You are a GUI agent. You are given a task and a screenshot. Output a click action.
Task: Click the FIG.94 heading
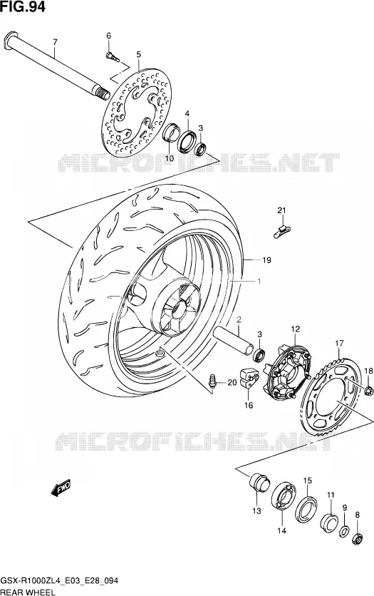click(23, 6)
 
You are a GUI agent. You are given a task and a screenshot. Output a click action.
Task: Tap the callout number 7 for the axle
click(55, 42)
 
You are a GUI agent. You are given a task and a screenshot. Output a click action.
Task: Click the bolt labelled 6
click(112, 57)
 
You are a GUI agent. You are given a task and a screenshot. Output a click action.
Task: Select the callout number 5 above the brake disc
click(139, 55)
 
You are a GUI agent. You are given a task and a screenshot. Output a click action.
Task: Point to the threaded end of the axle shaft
click(103, 93)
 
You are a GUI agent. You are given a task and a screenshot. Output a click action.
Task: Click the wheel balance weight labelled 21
click(282, 231)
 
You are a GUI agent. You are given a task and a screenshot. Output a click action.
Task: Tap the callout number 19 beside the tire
click(266, 260)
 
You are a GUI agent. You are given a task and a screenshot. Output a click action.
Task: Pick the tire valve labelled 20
click(212, 381)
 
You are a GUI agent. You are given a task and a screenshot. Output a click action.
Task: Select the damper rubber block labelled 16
click(248, 377)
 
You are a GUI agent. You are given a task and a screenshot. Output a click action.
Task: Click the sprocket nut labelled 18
click(368, 389)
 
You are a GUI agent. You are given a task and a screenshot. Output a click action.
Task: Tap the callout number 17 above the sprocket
click(339, 344)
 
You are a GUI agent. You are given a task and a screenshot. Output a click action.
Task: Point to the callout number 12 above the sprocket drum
click(296, 329)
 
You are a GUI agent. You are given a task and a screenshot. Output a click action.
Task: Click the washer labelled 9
click(344, 531)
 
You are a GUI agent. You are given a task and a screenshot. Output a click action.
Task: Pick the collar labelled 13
click(259, 482)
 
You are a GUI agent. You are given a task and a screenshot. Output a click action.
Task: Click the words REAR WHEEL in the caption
click(28, 592)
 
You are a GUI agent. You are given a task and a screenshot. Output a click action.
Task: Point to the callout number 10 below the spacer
click(170, 158)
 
